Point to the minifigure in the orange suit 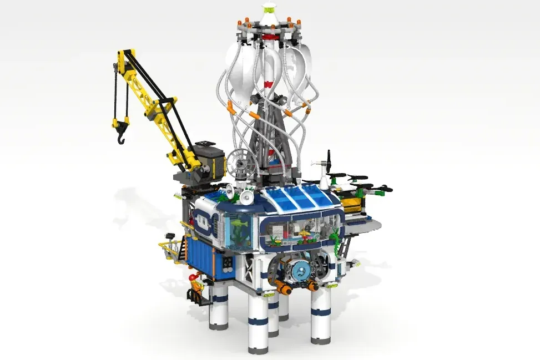pos(195,285)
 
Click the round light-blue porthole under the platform pos(300,271)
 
